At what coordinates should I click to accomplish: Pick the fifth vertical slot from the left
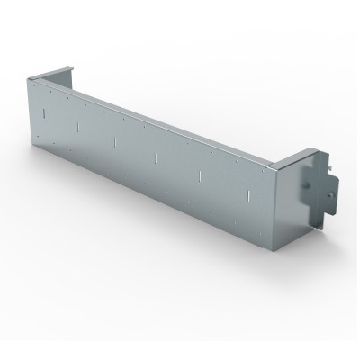(199, 175)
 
